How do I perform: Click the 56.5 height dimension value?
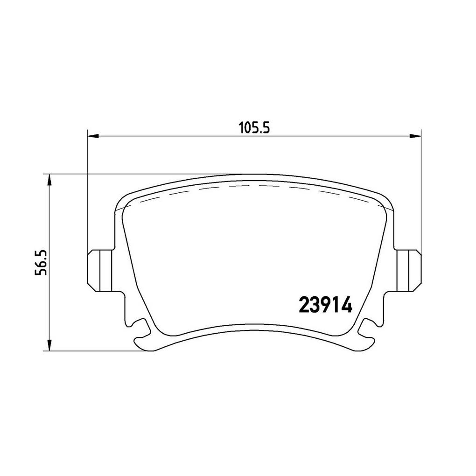tap(41, 263)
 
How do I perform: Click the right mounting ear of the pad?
tap(409, 271)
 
